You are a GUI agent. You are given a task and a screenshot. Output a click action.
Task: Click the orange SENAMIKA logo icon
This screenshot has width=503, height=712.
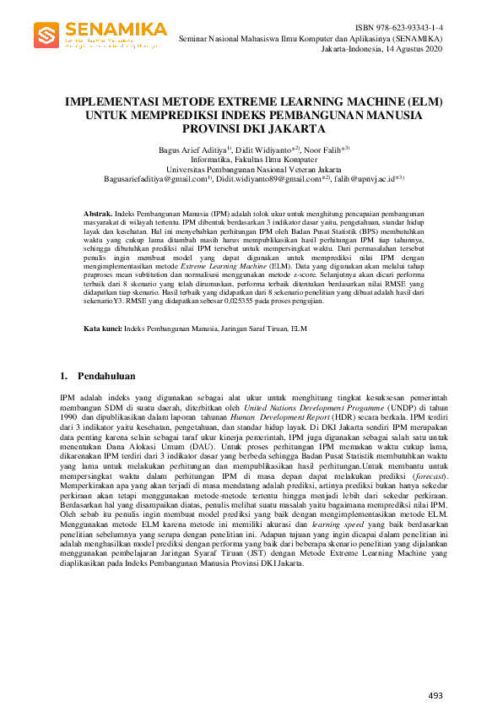pyautogui.click(x=46, y=35)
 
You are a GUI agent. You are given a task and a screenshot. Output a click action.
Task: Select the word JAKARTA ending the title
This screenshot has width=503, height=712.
pyautogui.click(x=294, y=129)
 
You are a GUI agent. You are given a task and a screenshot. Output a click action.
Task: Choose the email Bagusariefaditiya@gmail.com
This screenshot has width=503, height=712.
pyautogui.click(x=155, y=179)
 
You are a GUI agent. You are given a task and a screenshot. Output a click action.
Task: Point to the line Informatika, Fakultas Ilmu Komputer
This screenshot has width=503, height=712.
pyautogui.click(x=254, y=159)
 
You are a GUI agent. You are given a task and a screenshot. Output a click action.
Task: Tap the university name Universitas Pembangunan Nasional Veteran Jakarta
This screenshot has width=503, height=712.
pyautogui.click(x=254, y=169)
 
